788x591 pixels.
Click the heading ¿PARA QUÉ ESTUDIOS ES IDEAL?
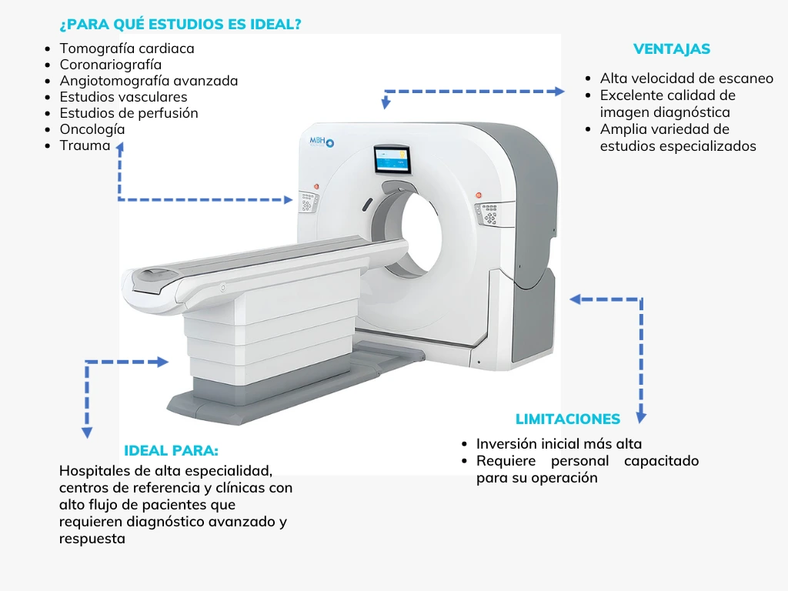180,25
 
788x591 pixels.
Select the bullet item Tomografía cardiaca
127,48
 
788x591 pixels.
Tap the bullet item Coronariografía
111,65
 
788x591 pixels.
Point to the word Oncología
92,129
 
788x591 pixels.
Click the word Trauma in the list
85,145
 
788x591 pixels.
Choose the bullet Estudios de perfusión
129,113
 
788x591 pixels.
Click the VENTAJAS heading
671,49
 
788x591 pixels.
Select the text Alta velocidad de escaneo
686,78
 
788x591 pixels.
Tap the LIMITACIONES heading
567,419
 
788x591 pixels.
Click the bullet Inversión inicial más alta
559,444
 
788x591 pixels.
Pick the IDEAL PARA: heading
171,451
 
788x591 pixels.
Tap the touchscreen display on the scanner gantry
392,160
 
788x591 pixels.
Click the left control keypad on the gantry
309,202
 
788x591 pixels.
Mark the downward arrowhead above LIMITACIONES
640,416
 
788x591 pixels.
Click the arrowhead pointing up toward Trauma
120,148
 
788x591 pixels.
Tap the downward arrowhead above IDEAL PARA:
87,432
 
